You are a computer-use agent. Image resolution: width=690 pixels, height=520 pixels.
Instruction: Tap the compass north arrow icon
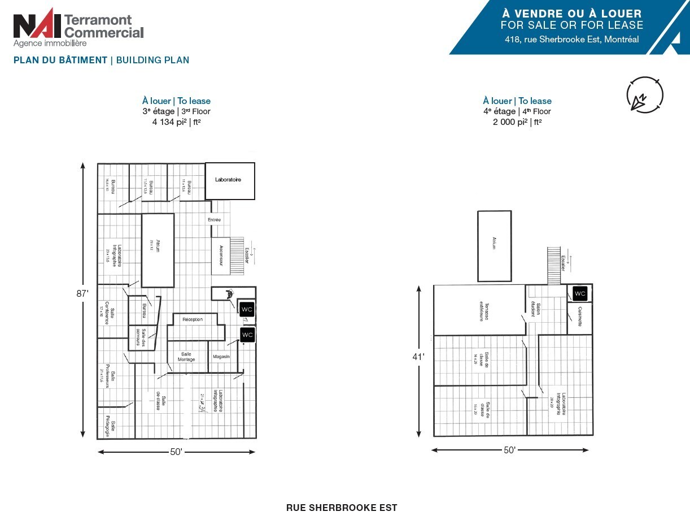(x=645, y=95)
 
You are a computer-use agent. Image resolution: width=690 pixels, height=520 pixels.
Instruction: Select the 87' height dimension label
(x=83, y=294)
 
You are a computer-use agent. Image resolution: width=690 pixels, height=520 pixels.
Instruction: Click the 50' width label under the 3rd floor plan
(x=176, y=452)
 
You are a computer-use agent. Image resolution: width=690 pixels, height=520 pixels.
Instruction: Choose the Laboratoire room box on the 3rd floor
(x=229, y=181)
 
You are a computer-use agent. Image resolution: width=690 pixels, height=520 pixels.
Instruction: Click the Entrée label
(x=215, y=219)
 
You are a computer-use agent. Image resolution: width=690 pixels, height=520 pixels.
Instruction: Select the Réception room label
(x=193, y=319)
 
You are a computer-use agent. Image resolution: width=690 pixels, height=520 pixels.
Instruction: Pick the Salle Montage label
(x=186, y=357)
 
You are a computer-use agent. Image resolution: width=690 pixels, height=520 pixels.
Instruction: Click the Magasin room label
(x=221, y=357)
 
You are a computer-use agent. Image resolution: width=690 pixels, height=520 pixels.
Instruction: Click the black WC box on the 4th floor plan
(x=580, y=294)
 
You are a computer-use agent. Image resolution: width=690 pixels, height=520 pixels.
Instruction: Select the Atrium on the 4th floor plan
(x=494, y=246)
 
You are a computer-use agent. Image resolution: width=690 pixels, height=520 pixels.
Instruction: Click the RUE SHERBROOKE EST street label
(x=342, y=508)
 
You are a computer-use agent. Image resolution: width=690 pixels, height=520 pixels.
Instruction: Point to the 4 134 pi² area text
(x=176, y=122)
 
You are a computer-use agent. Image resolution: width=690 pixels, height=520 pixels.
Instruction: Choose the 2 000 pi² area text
(x=517, y=122)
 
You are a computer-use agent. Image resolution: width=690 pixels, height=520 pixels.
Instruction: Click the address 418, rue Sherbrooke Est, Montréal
(x=572, y=40)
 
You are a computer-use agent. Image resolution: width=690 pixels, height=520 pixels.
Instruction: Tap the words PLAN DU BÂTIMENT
(x=60, y=60)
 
